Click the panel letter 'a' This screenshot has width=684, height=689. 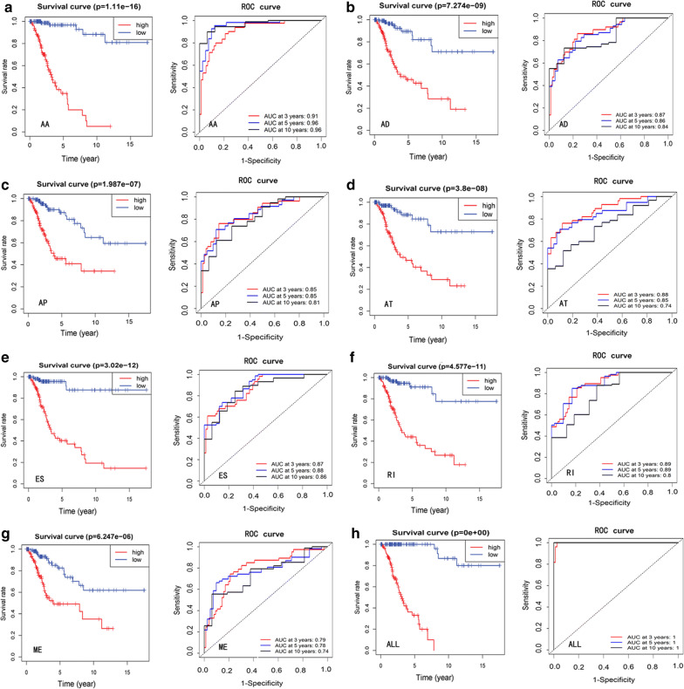tap(6, 7)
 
